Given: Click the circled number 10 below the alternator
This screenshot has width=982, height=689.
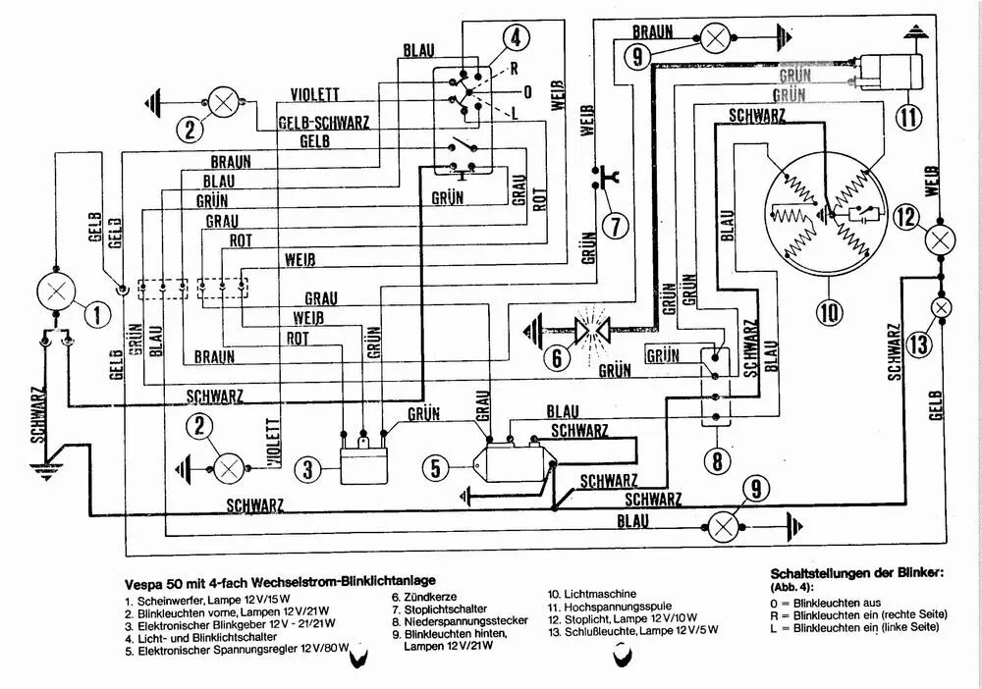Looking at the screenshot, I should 828,312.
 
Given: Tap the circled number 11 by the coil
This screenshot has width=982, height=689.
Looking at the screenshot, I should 911,115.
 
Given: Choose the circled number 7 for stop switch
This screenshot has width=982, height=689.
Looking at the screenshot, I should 615,227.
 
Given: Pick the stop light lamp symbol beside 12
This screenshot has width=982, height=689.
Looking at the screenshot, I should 941,240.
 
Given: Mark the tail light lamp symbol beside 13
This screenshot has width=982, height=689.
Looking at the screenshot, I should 941,308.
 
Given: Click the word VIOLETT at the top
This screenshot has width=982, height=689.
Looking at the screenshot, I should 315,94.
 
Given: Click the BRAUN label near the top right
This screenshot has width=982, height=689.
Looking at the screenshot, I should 653,32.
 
